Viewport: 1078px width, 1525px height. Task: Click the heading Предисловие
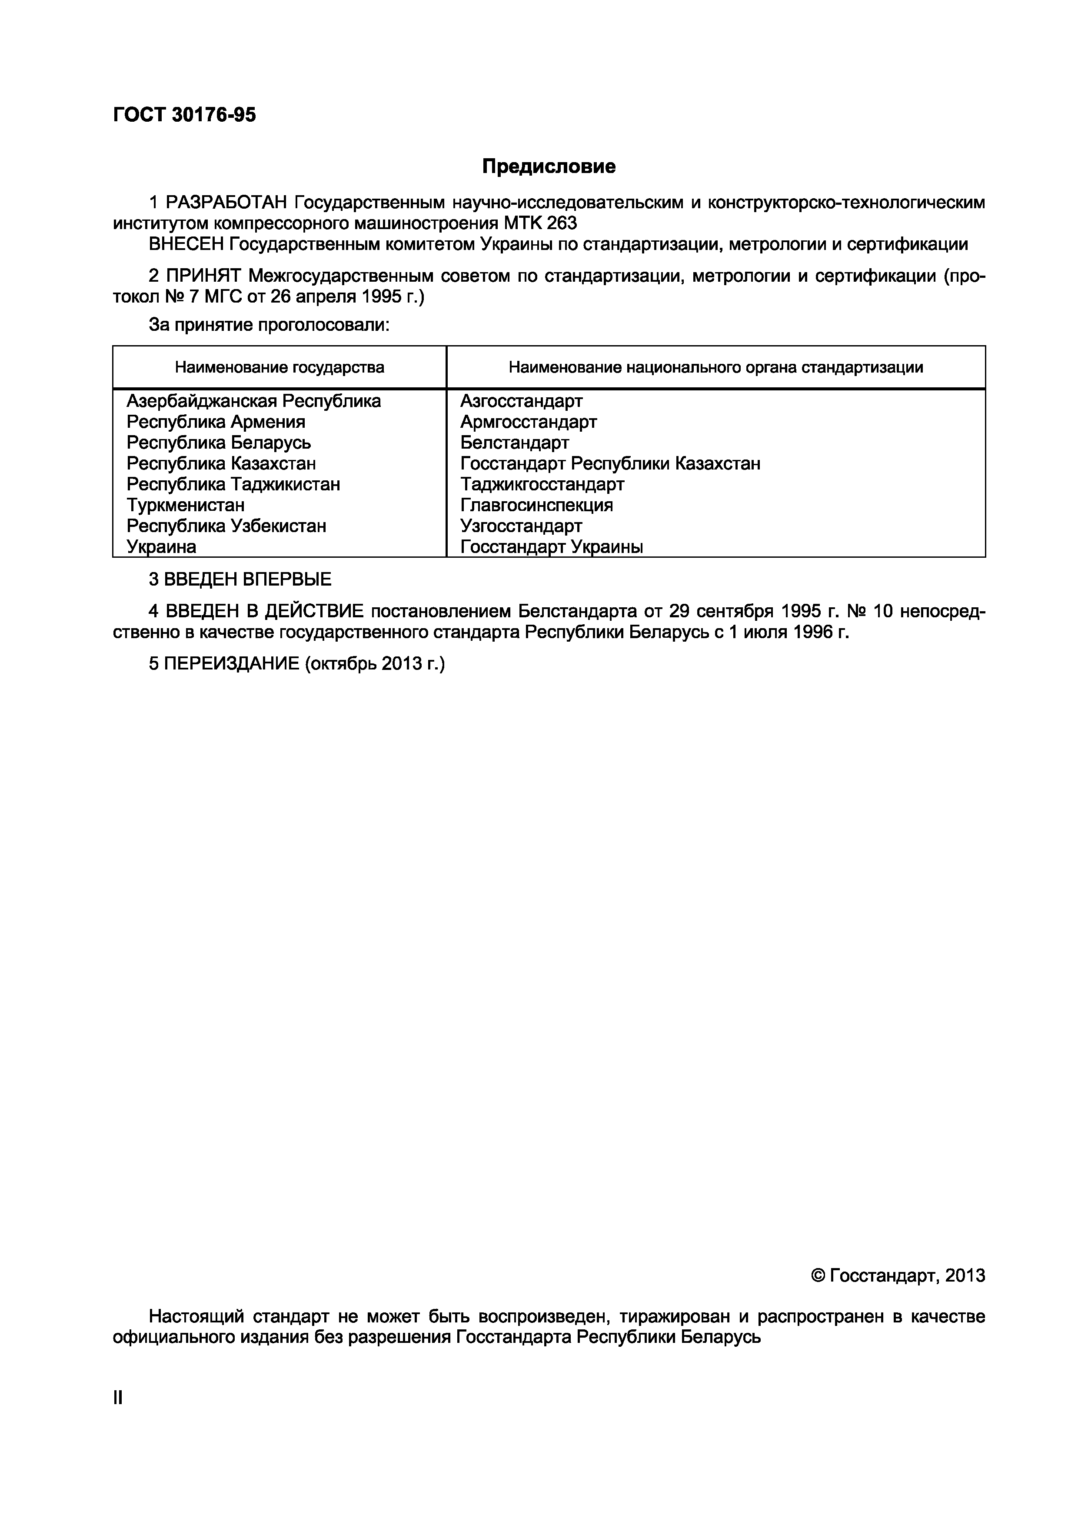549,166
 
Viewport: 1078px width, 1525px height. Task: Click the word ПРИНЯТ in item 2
204,276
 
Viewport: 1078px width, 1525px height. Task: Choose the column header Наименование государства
279,367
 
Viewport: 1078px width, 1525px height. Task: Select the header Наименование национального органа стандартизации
715,367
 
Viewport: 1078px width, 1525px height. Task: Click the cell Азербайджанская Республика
254,401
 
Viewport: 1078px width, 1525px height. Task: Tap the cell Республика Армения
216,422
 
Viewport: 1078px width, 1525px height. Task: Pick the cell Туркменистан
185,505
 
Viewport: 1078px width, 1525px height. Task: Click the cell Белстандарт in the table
515,443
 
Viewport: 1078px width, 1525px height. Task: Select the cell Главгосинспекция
537,505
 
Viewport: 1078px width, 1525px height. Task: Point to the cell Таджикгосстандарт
542,484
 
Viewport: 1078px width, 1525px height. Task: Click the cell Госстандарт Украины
551,546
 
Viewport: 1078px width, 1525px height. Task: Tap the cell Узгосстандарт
522,526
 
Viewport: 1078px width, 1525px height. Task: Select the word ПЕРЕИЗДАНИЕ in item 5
232,663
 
